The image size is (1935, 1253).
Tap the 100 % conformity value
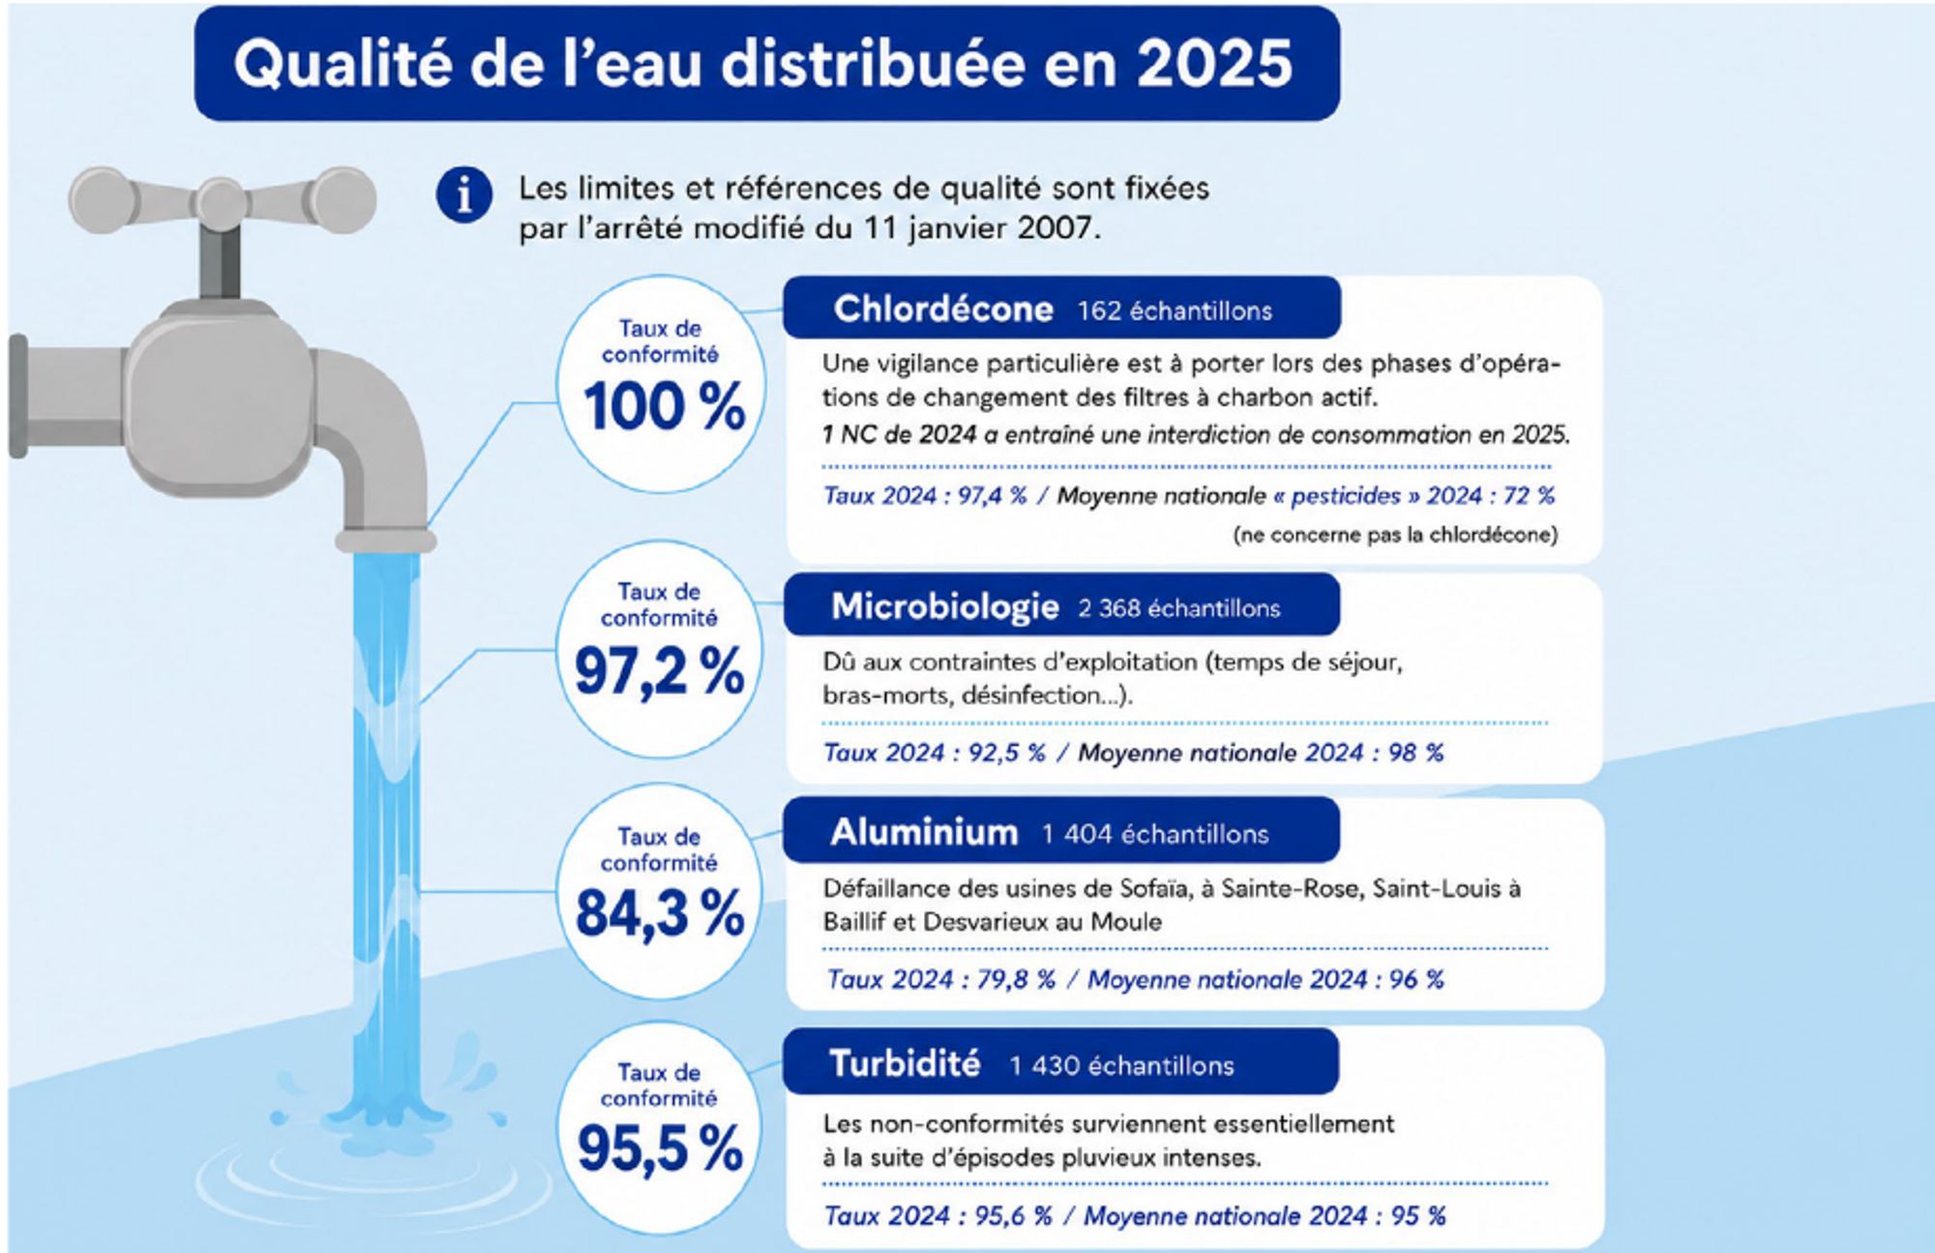click(x=664, y=405)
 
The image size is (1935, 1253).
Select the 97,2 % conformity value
click(x=659, y=671)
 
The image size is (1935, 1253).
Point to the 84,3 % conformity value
click(x=660, y=912)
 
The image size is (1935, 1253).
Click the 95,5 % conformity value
click(x=660, y=1149)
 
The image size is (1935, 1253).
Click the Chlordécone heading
click(x=943, y=309)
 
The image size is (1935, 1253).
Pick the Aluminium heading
click(x=924, y=832)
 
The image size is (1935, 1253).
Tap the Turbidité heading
click(x=906, y=1063)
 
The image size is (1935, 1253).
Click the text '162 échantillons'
click(x=1175, y=311)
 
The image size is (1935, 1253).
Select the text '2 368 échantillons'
click(x=1179, y=608)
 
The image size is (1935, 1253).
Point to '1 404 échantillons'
click(x=1155, y=834)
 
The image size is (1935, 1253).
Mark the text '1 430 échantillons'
click(x=1122, y=1065)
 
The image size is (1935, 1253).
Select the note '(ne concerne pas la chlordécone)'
click(x=1395, y=535)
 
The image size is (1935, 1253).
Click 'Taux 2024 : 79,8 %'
click(x=940, y=979)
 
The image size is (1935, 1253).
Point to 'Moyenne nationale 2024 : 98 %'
click(x=1261, y=753)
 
